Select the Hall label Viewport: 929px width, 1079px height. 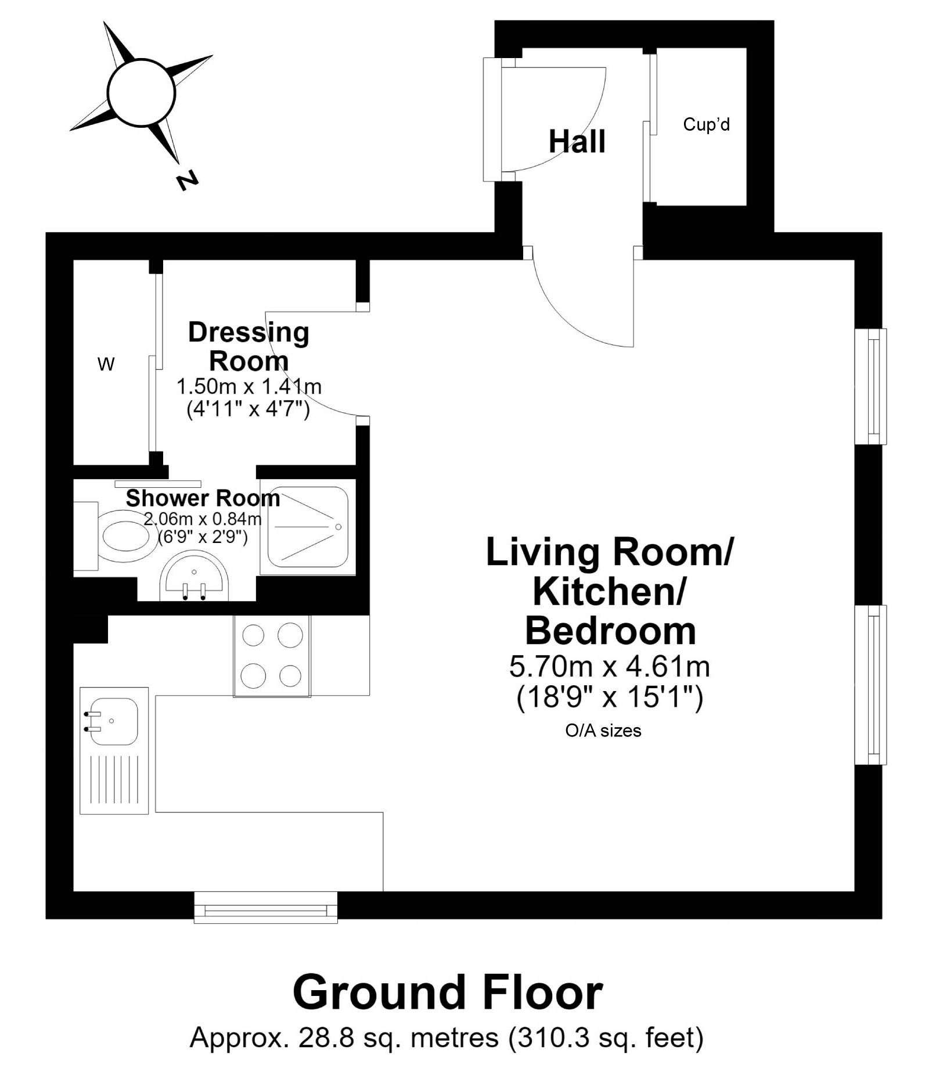[577, 141]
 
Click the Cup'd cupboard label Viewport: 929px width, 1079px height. [706, 124]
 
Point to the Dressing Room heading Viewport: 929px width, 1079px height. [249, 347]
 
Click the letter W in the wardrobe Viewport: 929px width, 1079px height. [106, 364]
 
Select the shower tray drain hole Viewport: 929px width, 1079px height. [338, 527]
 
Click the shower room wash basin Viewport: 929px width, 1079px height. [195, 577]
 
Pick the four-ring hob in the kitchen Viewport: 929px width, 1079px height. [272, 656]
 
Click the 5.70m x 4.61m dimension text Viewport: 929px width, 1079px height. [610, 667]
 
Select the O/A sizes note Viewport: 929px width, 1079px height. [603, 731]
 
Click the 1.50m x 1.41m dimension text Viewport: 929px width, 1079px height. [249, 386]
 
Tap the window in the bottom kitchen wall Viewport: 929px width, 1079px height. [265, 907]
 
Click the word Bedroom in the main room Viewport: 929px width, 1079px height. [610, 631]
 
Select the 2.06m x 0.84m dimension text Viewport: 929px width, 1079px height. [203, 519]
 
